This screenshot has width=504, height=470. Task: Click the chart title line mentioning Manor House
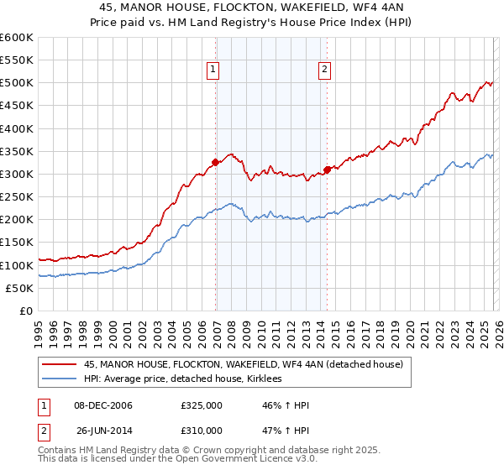tap(251, 8)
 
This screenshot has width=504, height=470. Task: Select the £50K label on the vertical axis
tap(18, 288)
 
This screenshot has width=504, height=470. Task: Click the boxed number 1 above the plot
tap(213, 70)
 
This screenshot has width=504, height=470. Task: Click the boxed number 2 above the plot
tap(324, 70)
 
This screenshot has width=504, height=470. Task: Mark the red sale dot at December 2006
tap(216, 162)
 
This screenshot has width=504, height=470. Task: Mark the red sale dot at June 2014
tap(327, 169)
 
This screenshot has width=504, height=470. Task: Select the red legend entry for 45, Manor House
tap(244, 364)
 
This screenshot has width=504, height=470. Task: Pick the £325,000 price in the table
tap(202, 405)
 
